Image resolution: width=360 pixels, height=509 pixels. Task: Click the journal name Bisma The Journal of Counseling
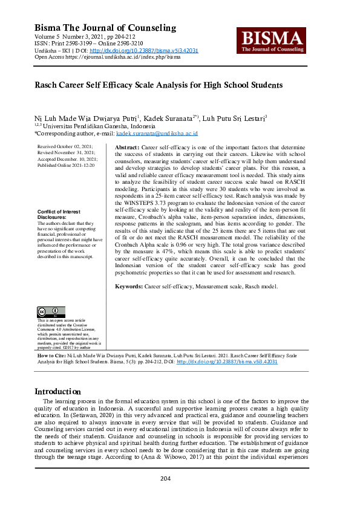(105, 28)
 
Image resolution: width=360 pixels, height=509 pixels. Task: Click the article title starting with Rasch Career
(159, 85)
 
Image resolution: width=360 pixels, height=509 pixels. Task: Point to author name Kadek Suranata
(171, 118)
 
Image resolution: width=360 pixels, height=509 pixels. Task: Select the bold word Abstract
(126, 148)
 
